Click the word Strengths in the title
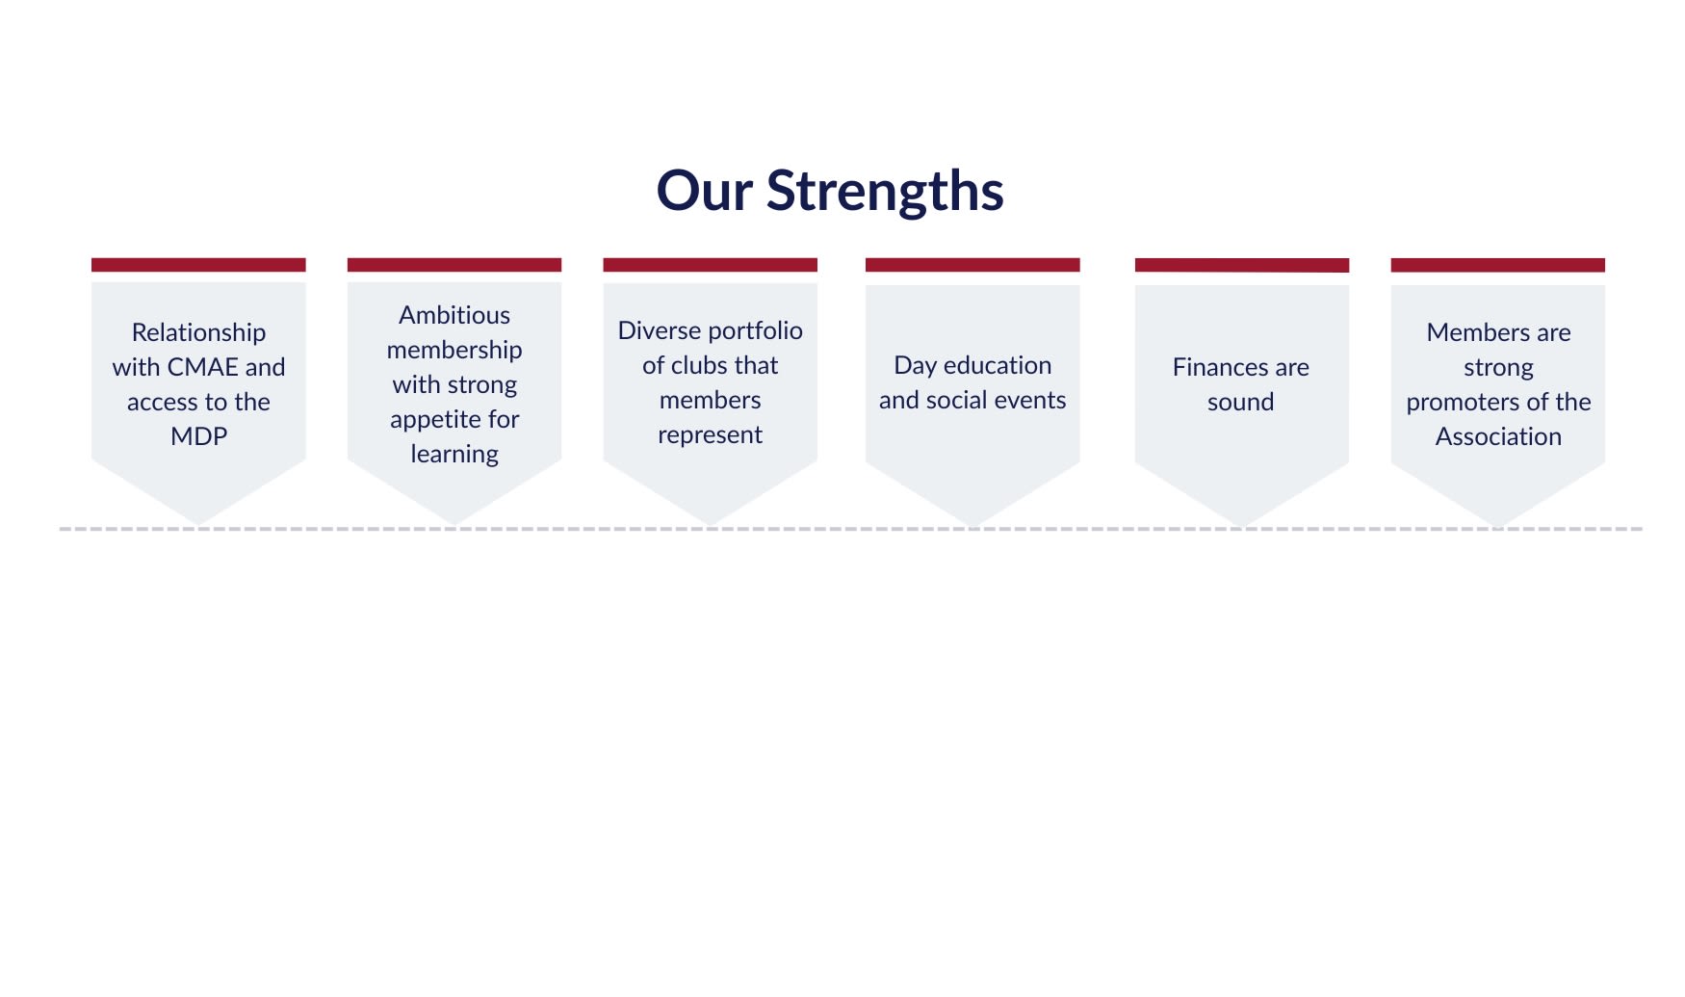click(885, 192)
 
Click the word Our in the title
click(704, 190)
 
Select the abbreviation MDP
click(198, 436)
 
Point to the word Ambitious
click(454, 315)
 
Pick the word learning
click(454, 455)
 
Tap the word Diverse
click(658, 330)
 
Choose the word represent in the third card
click(710, 435)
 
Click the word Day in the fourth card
click(915, 366)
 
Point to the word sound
click(1240, 402)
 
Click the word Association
click(1498, 436)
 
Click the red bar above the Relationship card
click(198, 265)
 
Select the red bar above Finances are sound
click(1242, 265)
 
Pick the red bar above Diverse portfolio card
click(711, 265)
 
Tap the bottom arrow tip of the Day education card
click(972, 527)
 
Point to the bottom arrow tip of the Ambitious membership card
click(454, 526)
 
